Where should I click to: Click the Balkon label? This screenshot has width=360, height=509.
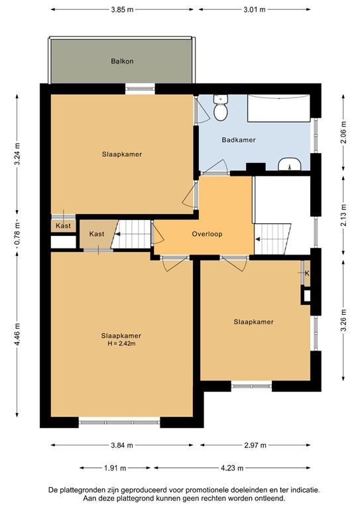[122, 61]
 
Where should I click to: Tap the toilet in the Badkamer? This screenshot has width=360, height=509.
[220, 107]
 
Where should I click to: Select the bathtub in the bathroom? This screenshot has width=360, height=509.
[278, 108]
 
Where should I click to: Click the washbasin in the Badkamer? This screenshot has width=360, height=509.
[290, 164]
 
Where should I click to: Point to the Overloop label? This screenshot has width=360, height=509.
[207, 234]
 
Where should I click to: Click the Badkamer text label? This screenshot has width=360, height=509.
[239, 140]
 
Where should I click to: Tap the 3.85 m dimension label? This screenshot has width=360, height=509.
[122, 9]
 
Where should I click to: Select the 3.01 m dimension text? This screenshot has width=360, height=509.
[255, 9]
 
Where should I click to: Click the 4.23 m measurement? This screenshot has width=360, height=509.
[232, 468]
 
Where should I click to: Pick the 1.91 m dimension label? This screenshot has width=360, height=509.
[115, 468]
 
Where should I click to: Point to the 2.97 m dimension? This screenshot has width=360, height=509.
[255, 445]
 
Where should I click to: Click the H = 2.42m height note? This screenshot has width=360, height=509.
[121, 343]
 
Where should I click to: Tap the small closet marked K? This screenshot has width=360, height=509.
[307, 273]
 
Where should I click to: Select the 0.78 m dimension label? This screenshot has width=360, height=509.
[17, 233]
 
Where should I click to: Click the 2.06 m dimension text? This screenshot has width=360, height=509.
[344, 132]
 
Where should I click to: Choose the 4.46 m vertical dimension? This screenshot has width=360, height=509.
[17, 334]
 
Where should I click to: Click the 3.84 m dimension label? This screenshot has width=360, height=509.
[122, 445]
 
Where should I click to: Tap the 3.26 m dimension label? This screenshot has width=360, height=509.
[344, 320]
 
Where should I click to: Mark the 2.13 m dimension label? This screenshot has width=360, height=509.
[344, 215]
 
